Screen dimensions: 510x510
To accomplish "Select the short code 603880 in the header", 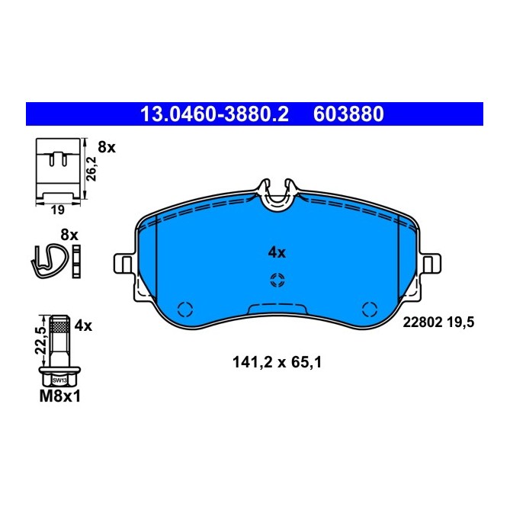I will coord(348,114).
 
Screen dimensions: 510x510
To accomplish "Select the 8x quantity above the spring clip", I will coord(69,235).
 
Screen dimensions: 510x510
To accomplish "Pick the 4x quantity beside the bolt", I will coord(82,326).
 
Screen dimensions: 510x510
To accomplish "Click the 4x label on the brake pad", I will coord(276,252).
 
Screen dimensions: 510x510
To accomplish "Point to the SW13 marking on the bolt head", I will coord(59,378).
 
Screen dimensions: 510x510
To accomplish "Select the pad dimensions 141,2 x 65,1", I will coord(276,364).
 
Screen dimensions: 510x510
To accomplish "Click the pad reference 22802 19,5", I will coord(438,323).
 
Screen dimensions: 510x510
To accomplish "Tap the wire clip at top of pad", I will coord(277,193).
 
